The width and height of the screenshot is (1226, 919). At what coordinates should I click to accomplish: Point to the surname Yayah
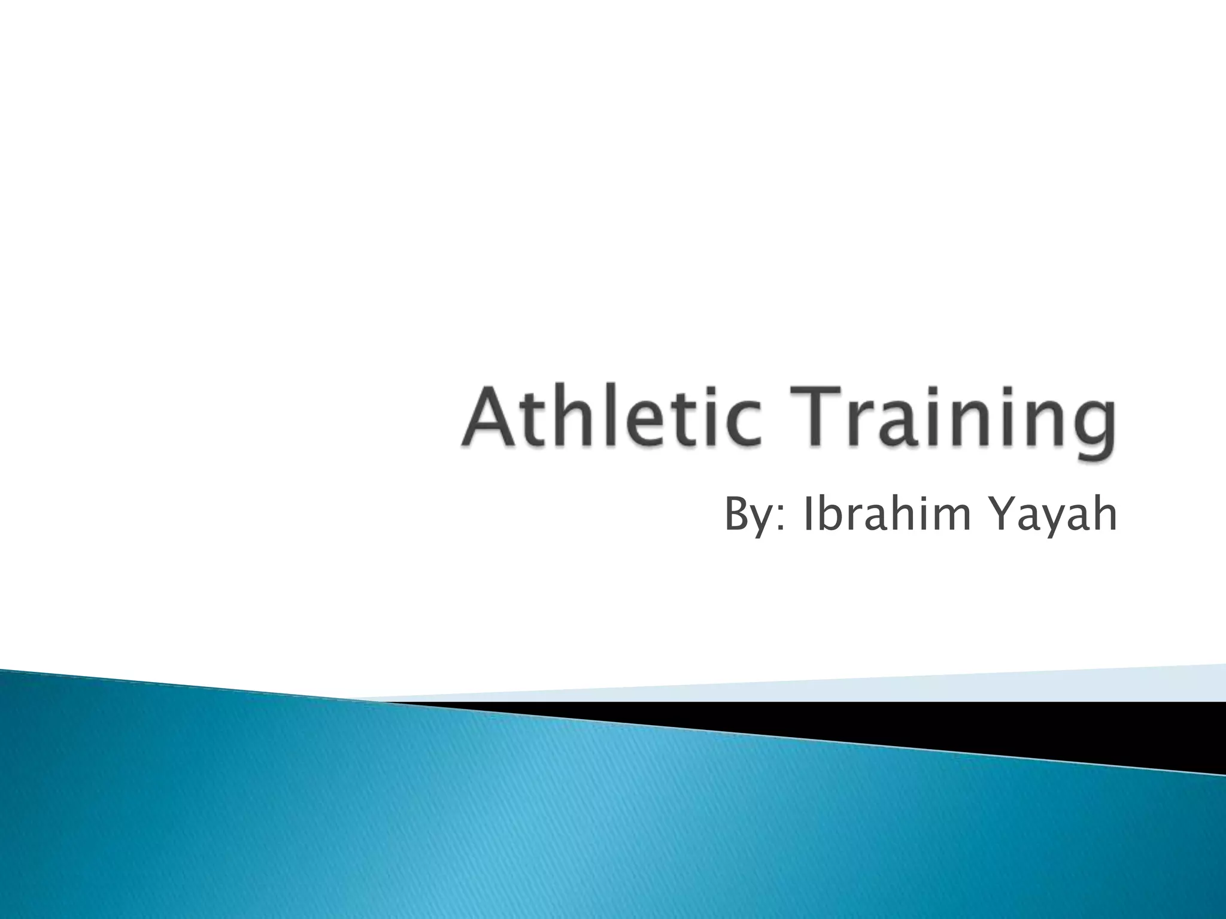point(1054,516)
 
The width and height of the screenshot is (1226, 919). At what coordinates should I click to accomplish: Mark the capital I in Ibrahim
point(808,514)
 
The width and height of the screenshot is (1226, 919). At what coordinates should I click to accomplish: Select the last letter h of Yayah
point(1104,514)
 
